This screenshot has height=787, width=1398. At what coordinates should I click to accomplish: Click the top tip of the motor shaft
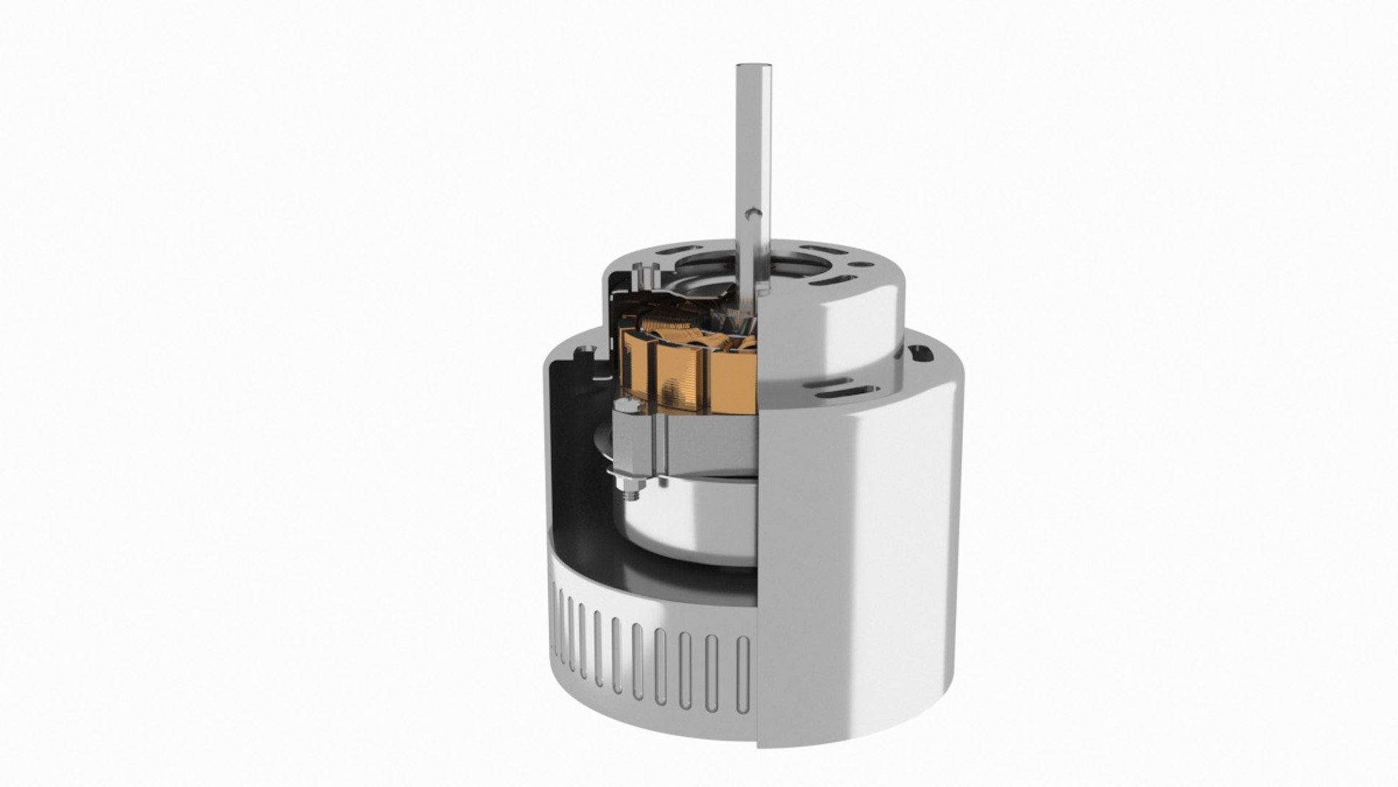click(750, 67)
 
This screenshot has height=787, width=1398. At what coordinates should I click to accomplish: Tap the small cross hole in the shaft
click(754, 216)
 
